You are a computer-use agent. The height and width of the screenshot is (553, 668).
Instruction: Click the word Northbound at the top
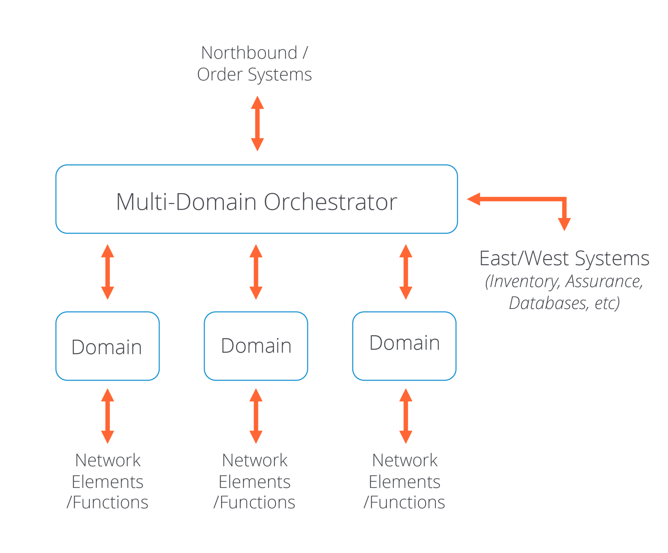tap(249, 53)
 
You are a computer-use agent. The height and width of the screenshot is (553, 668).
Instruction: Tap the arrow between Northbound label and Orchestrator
tap(257, 123)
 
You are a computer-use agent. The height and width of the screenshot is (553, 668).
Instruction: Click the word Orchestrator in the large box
tap(330, 202)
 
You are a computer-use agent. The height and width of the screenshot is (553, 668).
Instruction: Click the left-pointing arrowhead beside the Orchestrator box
tap(473, 199)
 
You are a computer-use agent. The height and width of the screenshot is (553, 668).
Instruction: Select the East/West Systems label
tap(564, 258)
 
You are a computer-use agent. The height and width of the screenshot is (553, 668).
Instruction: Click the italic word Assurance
tap(604, 282)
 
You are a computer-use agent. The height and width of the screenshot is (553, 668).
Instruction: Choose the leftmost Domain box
tap(107, 346)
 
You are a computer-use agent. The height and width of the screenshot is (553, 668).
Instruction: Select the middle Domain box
tap(256, 346)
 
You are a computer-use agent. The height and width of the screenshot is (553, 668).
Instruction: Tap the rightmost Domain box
tap(404, 346)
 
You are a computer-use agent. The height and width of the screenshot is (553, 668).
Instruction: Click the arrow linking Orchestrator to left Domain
tap(107, 272)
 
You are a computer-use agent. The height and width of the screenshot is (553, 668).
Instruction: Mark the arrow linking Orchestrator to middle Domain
tap(256, 272)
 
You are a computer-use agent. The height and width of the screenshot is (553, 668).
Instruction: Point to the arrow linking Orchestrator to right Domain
tap(405, 272)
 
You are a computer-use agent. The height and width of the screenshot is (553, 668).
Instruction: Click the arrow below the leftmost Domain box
tap(107, 416)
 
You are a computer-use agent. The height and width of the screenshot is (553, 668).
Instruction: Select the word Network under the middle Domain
tap(255, 460)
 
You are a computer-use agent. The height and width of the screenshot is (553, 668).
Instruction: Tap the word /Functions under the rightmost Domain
tap(404, 502)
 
